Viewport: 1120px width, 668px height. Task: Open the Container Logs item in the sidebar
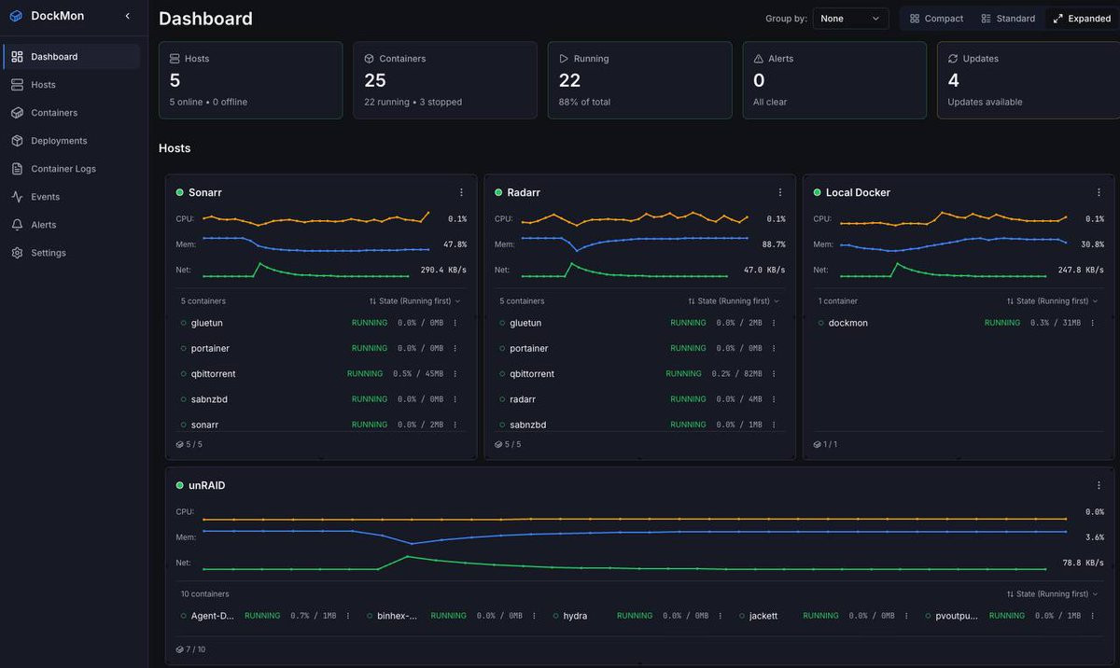63,169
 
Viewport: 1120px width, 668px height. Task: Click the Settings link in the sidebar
48,253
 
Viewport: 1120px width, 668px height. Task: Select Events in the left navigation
45,197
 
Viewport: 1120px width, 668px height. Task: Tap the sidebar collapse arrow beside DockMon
128,16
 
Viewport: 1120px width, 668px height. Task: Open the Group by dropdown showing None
850,19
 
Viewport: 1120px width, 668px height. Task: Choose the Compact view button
936,19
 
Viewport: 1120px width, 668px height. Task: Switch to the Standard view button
1008,19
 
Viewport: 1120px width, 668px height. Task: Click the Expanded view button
1082,19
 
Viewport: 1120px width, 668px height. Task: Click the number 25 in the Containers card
375,80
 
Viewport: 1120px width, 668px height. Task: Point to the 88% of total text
584,102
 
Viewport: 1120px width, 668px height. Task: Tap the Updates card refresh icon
953,59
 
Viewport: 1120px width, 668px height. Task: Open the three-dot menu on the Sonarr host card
461,192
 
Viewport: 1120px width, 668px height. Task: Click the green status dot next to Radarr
498,192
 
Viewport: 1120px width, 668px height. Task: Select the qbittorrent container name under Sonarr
213,374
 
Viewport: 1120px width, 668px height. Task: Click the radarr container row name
523,399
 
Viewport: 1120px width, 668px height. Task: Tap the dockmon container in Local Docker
848,323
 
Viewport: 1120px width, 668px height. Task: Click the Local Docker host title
858,192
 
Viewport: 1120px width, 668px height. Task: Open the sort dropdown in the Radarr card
734,300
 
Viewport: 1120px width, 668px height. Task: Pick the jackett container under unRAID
763,616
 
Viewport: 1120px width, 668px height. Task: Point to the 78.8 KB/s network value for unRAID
1083,563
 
